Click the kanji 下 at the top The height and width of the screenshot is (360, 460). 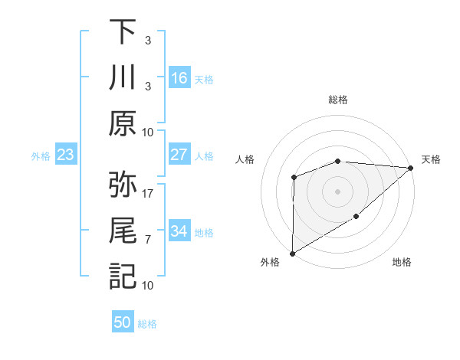123,33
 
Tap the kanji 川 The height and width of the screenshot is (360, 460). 123,78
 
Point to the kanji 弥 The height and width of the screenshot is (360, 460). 123,184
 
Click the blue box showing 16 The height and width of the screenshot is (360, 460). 179,78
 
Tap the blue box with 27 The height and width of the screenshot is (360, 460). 179,155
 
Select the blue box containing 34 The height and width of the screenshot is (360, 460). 179,231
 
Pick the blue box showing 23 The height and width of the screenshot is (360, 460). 65,155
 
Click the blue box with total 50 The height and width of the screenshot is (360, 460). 123,322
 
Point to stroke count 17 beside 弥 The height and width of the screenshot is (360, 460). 148,192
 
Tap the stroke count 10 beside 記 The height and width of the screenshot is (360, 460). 148,285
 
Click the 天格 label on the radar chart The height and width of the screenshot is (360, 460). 431,159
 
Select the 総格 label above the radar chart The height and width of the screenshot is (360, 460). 338,100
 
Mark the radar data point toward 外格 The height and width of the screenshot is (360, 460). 292,253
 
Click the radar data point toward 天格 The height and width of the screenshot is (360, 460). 411,168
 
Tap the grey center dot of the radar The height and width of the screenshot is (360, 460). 337,191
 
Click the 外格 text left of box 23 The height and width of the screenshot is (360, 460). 41,156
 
